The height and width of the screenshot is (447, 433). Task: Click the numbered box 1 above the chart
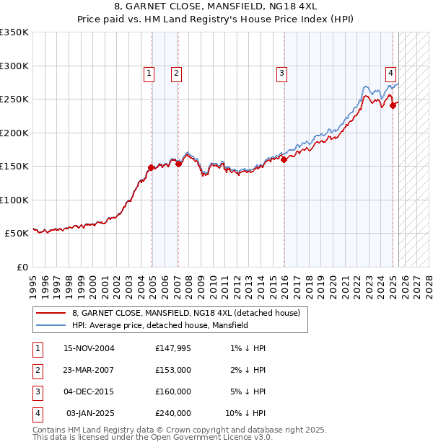[x=148, y=72]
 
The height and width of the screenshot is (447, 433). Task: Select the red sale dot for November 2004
[x=152, y=167]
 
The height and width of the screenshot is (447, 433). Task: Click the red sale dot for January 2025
[x=393, y=105]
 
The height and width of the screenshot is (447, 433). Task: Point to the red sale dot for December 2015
[x=284, y=160]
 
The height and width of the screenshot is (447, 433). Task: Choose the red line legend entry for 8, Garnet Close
[x=190, y=313]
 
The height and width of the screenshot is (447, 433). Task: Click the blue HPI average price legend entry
[x=159, y=325]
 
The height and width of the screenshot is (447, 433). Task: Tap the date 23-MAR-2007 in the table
[x=89, y=370]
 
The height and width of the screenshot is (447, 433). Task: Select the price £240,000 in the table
[x=173, y=413]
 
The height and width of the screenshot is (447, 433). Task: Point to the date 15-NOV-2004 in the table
[x=89, y=348]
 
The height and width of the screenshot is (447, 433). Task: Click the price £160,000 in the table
[x=173, y=391]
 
